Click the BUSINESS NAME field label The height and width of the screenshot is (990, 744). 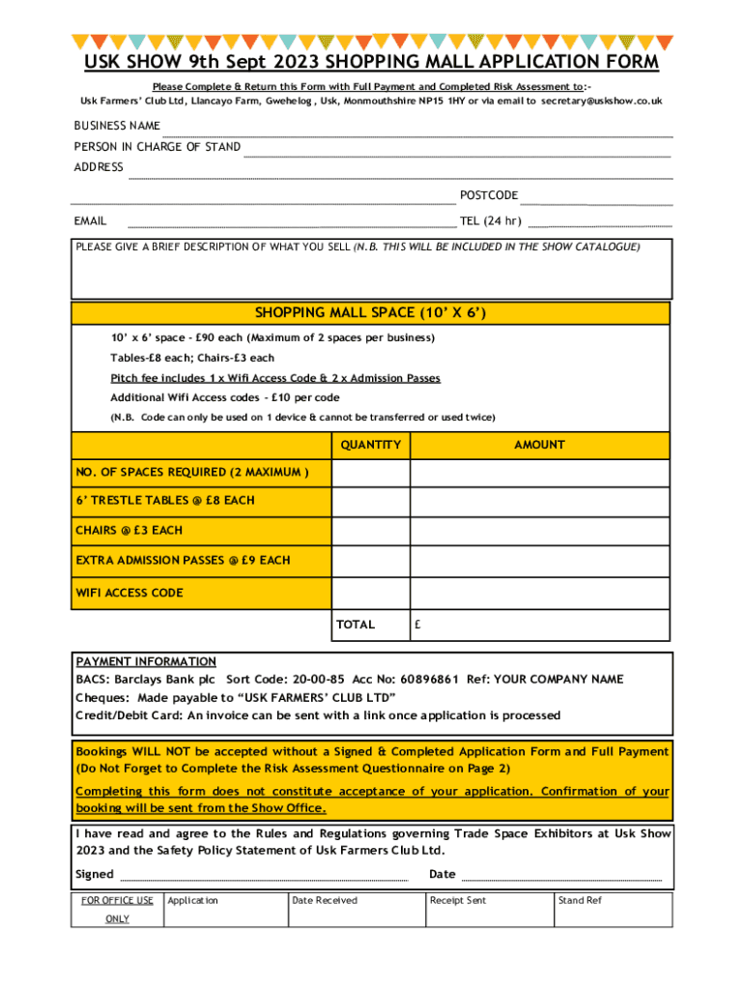coord(117,126)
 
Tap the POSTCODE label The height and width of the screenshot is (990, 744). coord(489,195)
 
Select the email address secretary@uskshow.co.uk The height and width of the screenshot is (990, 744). coord(602,101)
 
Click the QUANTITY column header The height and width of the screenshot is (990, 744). coord(370,445)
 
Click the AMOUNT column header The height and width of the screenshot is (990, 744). coord(539,445)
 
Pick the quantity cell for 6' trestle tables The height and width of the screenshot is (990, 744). coord(370,502)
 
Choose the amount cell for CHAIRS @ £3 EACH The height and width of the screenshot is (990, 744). coord(539,532)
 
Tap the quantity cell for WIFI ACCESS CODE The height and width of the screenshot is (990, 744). coord(370,593)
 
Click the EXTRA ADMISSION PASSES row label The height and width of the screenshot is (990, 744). coord(183,561)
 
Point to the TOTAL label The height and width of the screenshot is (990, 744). coord(356,625)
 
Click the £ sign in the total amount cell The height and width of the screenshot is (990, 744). coord(417,625)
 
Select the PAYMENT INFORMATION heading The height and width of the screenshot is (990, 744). coord(146,662)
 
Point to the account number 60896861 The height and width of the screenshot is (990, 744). coord(421,680)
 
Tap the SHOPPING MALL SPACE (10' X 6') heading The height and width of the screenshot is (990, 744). coord(370,313)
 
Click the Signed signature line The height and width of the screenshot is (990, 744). coord(262,876)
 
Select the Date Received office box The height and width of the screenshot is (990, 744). coord(356,909)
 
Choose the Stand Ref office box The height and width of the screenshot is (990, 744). coord(611,909)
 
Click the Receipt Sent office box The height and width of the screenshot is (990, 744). coord(488,909)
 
